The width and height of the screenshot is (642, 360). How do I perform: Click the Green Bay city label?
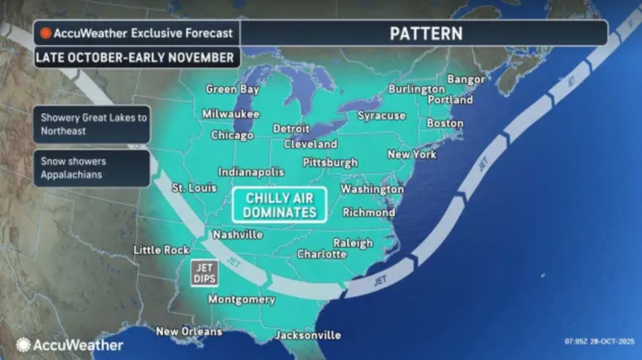click(x=232, y=89)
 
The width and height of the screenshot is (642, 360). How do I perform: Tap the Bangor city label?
click(x=466, y=79)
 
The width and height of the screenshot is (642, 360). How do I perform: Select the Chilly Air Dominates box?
click(x=279, y=205)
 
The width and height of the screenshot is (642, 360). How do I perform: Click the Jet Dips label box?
click(x=204, y=273)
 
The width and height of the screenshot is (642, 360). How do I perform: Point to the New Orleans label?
click(x=189, y=331)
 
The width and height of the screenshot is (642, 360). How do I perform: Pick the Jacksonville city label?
click(x=308, y=335)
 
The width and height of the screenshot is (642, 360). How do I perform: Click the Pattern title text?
click(x=426, y=33)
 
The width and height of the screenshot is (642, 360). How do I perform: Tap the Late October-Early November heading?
click(x=135, y=58)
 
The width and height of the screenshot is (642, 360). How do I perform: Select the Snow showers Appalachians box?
click(x=92, y=168)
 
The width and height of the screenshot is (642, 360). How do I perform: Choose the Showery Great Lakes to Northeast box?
click(x=92, y=124)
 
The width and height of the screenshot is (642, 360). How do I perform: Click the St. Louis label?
click(x=194, y=188)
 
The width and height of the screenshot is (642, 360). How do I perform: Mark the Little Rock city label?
click(x=161, y=250)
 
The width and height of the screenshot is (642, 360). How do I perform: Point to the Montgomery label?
click(x=241, y=300)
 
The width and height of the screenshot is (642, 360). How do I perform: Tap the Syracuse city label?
click(x=381, y=116)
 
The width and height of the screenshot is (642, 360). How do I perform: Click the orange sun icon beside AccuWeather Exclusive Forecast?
click(x=46, y=33)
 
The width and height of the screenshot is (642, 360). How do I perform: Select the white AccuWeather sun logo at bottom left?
click(x=23, y=345)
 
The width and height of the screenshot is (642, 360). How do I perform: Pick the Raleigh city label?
click(x=353, y=243)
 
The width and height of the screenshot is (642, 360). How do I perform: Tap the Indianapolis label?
click(x=251, y=172)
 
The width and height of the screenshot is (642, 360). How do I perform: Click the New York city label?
click(x=412, y=154)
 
